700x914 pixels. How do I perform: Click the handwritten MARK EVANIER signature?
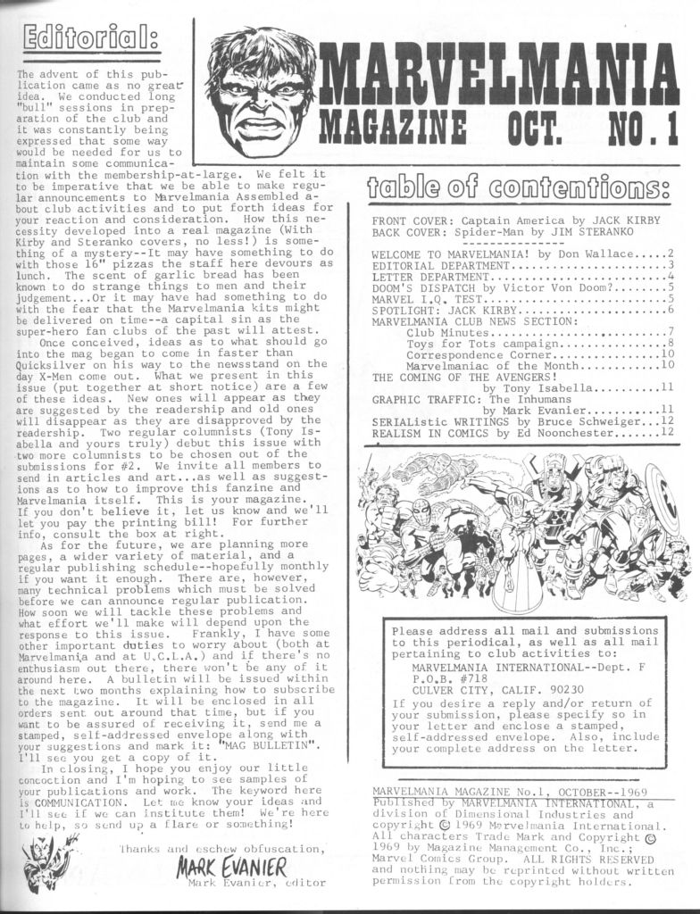(x=231, y=866)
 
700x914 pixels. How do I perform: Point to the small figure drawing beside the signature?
(x=38, y=861)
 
